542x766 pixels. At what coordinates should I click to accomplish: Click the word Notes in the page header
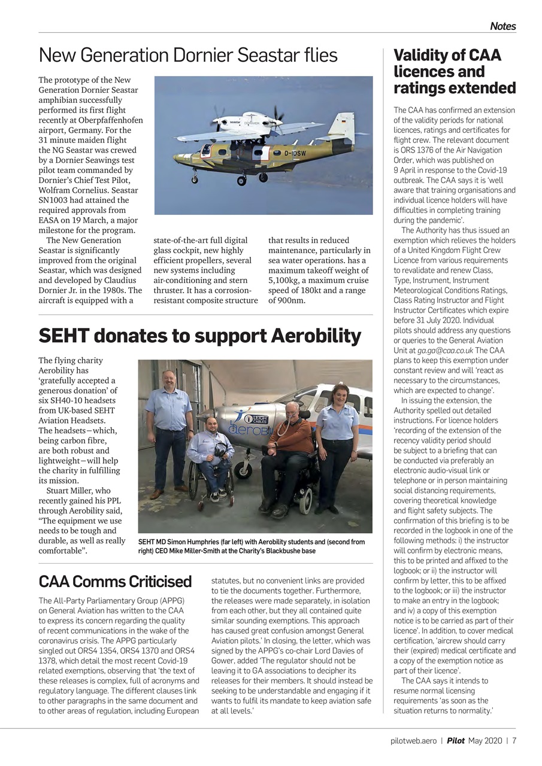502,26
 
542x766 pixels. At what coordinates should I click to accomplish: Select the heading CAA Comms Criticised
115,581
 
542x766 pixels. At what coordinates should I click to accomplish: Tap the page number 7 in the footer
514,740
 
